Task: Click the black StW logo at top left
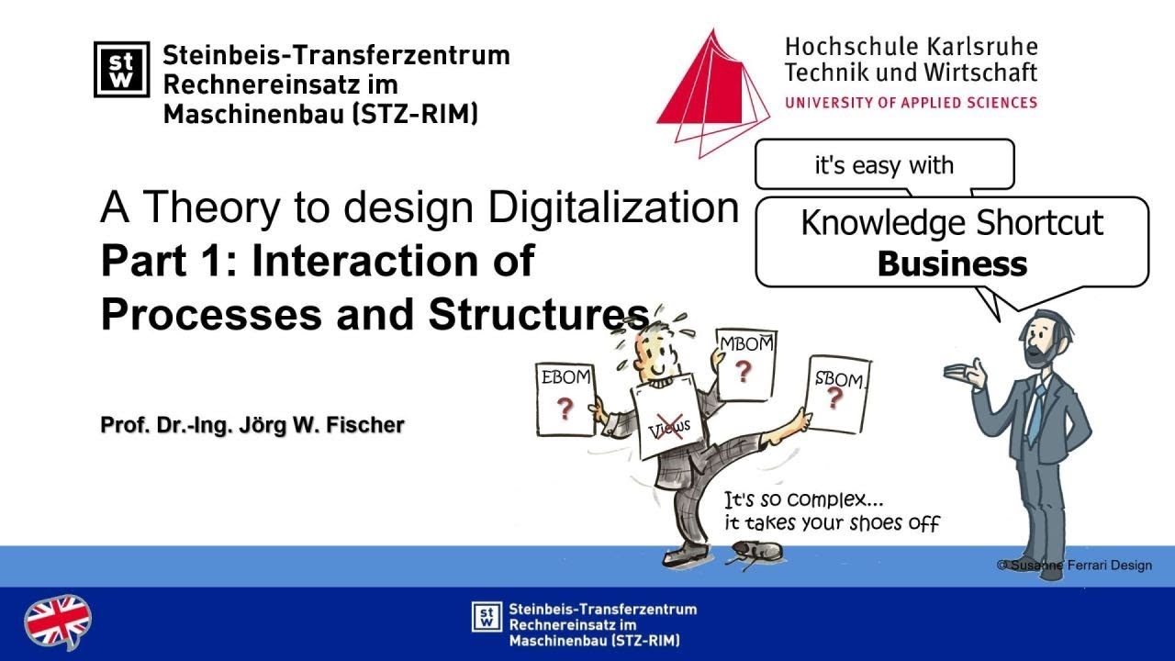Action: pyautogui.click(x=121, y=69)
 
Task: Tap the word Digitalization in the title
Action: pyautogui.click(x=613, y=207)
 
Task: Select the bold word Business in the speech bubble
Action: pyautogui.click(x=952, y=264)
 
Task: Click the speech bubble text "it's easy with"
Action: pyautogui.click(x=884, y=165)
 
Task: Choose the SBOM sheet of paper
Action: pyautogui.click(x=836, y=394)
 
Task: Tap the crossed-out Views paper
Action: pyautogui.click(x=667, y=421)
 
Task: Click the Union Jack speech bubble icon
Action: pyautogui.click(x=57, y=622)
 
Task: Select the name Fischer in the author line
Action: pyautogui.click(x=370, y=426)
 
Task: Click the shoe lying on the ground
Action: pyautogui.click(x=756, y=552)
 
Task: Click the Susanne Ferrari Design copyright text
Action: pyautogui.click(x=1074, y=565)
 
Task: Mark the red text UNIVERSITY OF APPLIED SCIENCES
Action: pyautogui.click(x=911, y=103)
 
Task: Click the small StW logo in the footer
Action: pyautogui.click(x=487, y=617)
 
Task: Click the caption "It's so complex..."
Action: pyautogui.click(x=804, y=501)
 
